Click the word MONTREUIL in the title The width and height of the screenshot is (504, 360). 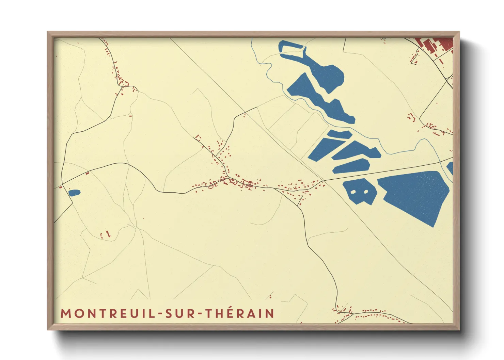108,313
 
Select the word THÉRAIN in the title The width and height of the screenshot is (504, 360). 240,313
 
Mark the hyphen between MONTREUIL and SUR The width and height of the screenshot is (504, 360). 159,314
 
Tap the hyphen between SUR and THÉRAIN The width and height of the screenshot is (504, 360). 201,314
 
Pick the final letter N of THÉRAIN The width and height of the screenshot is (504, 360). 270,313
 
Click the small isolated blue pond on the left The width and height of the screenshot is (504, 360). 74,193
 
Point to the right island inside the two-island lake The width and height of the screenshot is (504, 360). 366,192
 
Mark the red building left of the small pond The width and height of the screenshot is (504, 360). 61,187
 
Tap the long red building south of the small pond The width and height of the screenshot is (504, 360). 108,234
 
